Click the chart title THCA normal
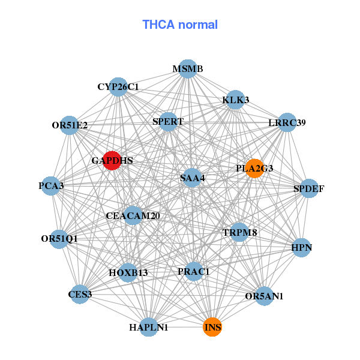tap(180, 25)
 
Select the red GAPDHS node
tap(112, 160)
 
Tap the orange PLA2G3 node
tap(254, 168)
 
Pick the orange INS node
tap(212, 327)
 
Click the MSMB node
tap(188, 68)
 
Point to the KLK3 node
tap(235, 99)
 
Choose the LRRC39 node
tap(287, 122)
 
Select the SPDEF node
tap(308, 188)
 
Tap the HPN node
tap(302, 247)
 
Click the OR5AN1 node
tap(264, 296)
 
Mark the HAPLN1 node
tap(149, 327)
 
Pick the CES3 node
tap(80, 294)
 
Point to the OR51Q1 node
tap(59, 238)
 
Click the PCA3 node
tap(52, 185)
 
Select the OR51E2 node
tap(70, 125)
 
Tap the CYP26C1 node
tap(118, 86)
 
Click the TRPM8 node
tap(239, 232)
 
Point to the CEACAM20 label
tap(133, 215)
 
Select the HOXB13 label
tap(128, 272)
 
